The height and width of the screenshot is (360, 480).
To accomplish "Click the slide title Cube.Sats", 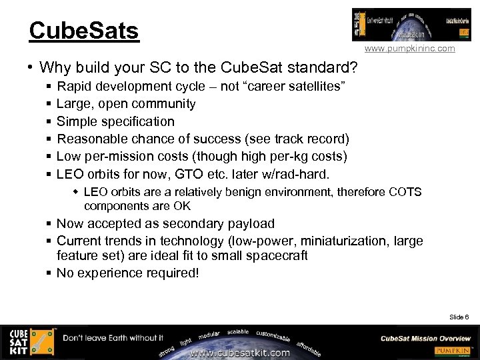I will coord(84,31).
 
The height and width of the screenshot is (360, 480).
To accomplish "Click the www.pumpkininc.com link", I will coord(409,49).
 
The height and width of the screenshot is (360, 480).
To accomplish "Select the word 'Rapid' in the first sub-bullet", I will coord(75,87).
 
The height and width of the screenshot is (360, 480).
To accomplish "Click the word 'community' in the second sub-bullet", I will coord(164,104).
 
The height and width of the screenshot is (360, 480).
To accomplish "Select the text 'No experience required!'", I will coord(127,273).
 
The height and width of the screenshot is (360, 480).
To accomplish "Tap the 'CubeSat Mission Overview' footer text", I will coord(425,338).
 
